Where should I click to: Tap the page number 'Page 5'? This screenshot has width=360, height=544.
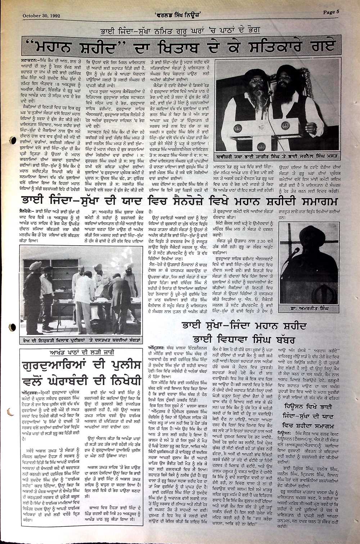pyautogui.click(x=331, y=12)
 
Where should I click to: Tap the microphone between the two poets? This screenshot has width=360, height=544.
pyautogui.click(x=269, y=95)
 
